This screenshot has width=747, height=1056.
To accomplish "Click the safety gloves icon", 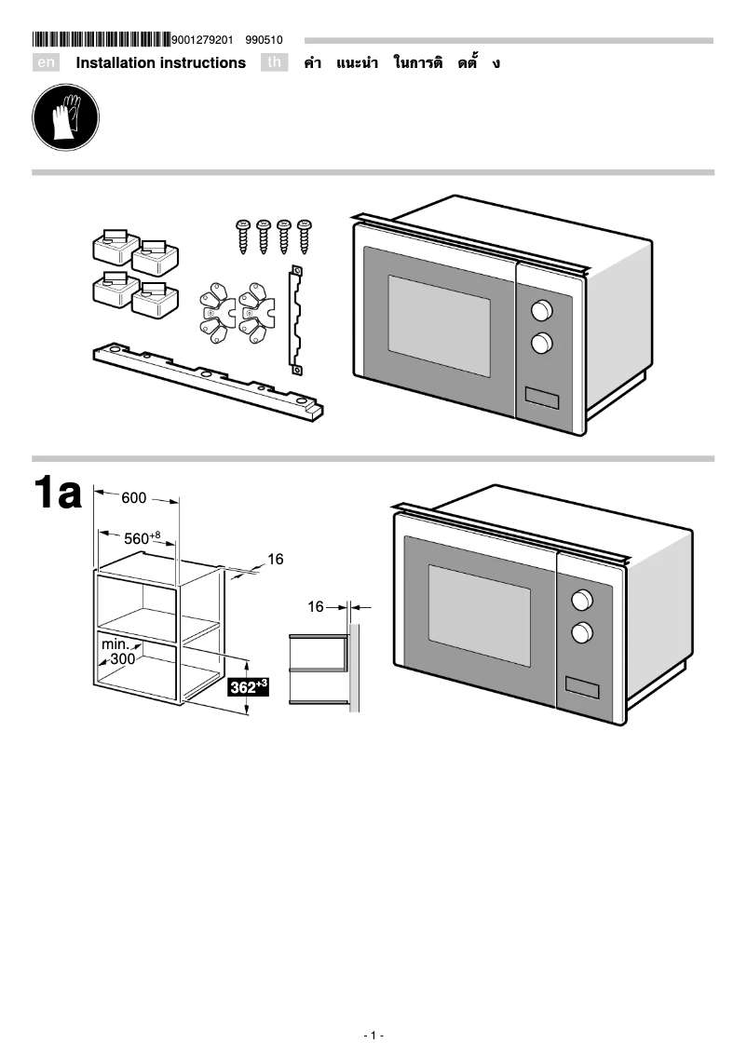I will pos(65,116).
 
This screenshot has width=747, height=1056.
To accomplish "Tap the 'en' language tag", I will pos(46,63).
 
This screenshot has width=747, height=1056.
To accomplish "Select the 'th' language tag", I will pos(274,63).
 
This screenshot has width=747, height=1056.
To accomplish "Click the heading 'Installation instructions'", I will pos(160,63).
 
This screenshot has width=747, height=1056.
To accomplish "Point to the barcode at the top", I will pos(102,40).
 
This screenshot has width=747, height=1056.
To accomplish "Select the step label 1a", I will pos(58,494).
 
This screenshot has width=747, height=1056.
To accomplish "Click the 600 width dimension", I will pos(134,499).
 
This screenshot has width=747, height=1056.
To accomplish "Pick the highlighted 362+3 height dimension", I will pos(249,687).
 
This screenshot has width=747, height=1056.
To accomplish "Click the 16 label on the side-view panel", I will pos(316,607).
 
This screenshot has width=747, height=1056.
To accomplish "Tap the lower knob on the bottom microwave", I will pos(582,632).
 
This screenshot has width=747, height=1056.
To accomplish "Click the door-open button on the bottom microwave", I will pos(580,687).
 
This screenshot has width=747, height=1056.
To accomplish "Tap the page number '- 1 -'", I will pos(373,1036).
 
